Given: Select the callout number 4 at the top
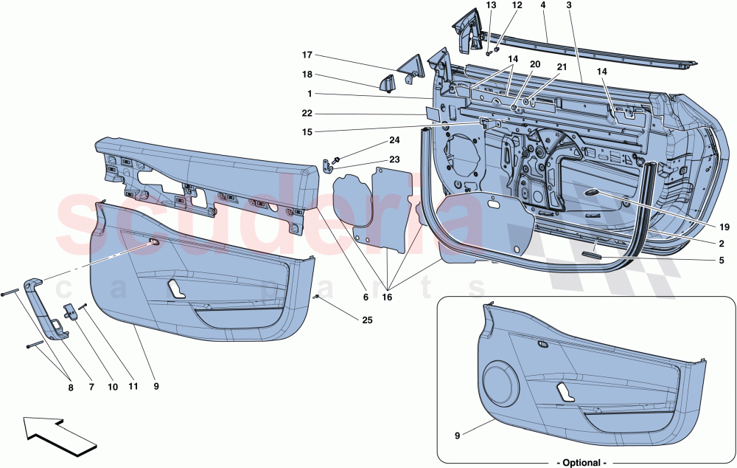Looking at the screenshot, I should pyautogui.click(x=542, y=5).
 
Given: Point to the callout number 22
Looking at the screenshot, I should pyautogui.click(x=307, y=114).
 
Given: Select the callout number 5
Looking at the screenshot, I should pyautogui.click(x=722, y=261).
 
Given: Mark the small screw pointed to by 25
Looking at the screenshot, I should pyautogui.click(x=316, y=297).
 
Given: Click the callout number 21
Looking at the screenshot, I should pyautogui.click(x=562, y=67).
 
